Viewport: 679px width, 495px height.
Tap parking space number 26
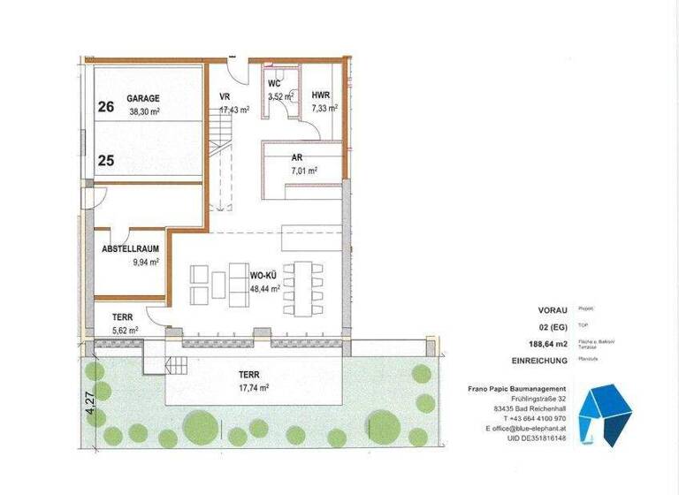[x=106, y=107]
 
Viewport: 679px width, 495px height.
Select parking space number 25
[x=106, y=161]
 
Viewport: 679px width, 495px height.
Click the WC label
[x=275, y=85]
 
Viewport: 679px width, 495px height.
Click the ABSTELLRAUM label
[x=131, y=249]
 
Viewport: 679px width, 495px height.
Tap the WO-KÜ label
[x=265, y=276]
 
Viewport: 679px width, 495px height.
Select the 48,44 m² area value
[x=265, y=288]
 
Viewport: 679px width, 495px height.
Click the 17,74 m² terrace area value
[x=253, y=386]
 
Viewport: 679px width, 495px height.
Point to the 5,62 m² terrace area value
[x=125, y=330]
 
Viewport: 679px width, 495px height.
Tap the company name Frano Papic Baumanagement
[x=517, y=389]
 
